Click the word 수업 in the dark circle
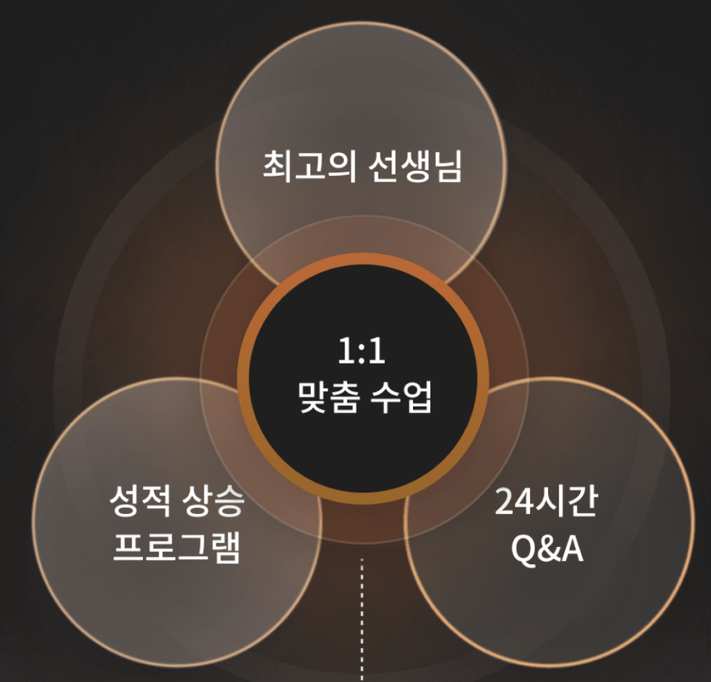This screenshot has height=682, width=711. click(x=401, y=396)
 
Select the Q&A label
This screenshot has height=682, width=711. click(x=546, y=549)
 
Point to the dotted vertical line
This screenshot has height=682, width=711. click(x=362, y=617)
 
